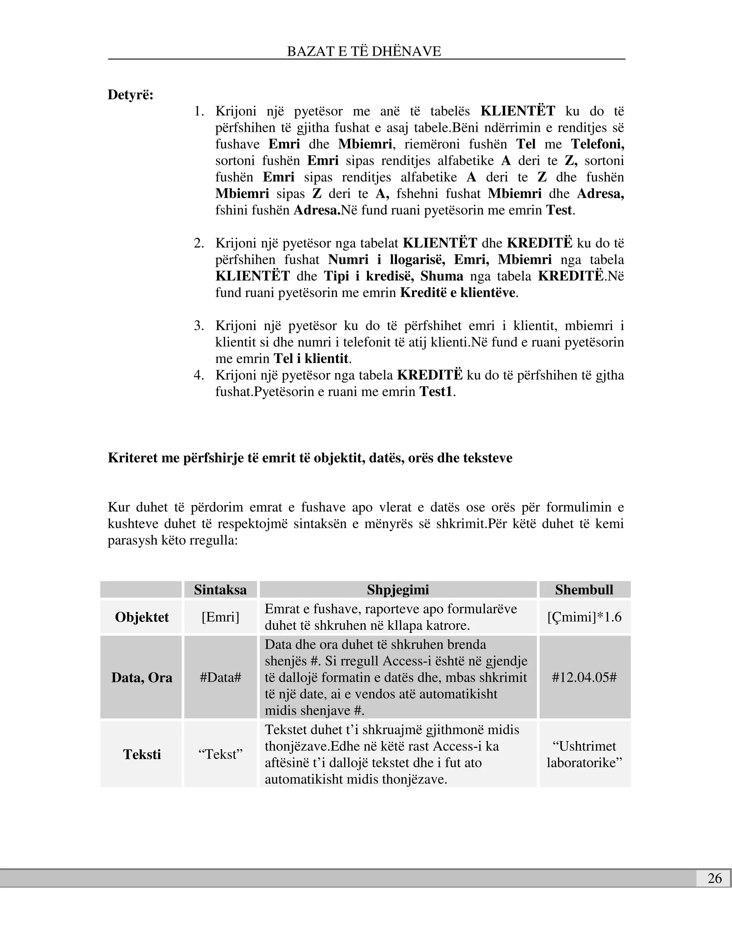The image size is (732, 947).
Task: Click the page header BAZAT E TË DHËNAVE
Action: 364,51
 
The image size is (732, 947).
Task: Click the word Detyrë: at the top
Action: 130,95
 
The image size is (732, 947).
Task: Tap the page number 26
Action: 714,878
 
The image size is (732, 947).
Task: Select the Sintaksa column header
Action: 220,590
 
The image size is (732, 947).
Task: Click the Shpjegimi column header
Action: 398,590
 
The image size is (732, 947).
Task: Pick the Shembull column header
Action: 584,590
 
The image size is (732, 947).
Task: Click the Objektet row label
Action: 142,617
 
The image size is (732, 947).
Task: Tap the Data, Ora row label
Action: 142,677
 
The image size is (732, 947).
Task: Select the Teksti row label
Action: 142,754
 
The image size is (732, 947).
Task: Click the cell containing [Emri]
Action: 220,617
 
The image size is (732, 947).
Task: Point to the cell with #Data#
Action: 220,677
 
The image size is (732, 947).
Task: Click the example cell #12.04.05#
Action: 584,677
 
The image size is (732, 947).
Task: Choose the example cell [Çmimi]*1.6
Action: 584,617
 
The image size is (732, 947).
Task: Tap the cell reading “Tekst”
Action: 220,754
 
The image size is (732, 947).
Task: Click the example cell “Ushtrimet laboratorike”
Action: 584,754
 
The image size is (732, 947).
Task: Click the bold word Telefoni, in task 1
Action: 597,144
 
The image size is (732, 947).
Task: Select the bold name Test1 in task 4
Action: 435,392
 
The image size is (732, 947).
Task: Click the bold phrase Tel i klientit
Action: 311,358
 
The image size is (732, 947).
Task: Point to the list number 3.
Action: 199,326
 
